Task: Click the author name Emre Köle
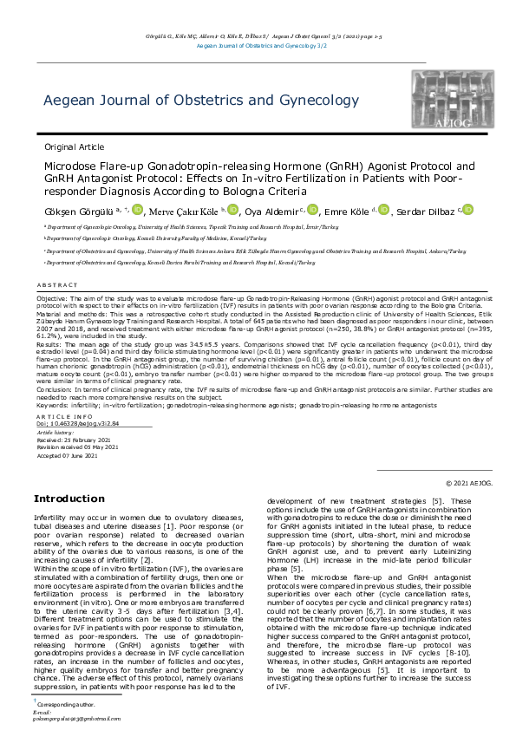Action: pos(349,211)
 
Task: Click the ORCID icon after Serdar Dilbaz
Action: pos(468,210)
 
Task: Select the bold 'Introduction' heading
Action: pos(69,499)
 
